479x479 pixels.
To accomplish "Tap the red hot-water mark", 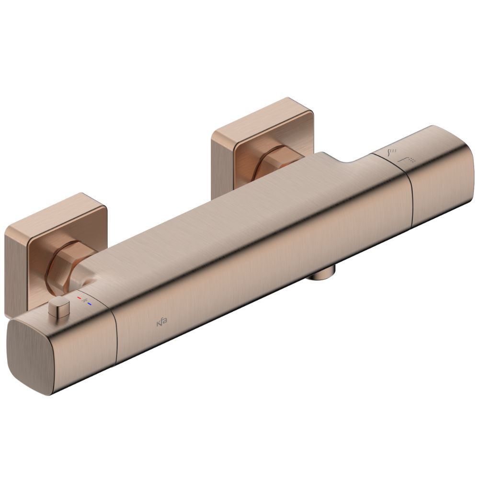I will (x=80, y=297).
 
